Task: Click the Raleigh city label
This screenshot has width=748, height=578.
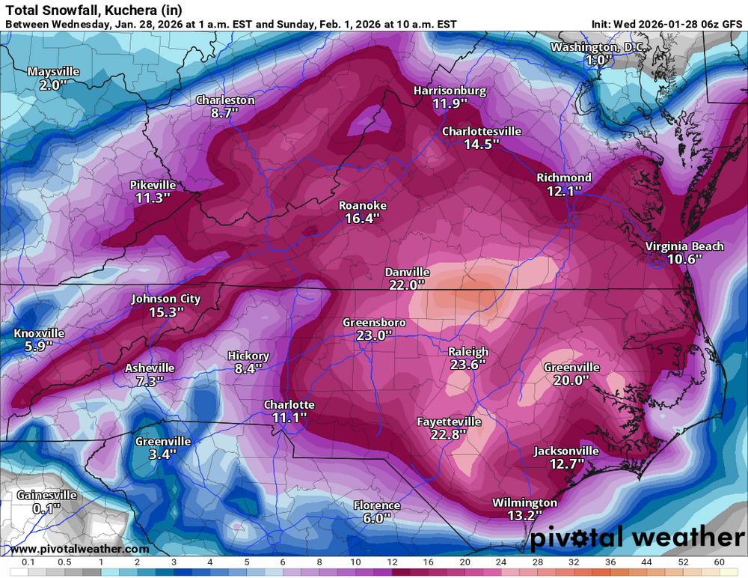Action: tap(468, 352)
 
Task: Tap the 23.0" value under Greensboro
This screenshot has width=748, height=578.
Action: tap(374, 336)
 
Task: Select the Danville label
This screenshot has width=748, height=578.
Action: tap(407, 272)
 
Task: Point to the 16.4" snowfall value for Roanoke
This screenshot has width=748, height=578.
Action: tap(362, 219)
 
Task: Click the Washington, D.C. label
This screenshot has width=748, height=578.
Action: tap(596, 48)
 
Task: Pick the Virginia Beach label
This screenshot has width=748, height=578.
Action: tap(684, 246)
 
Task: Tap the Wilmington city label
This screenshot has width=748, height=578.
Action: tap(524, 502)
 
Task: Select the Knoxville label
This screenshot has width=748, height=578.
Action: tap(39, 333)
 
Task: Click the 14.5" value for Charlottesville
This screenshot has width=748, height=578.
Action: tap(481, 144)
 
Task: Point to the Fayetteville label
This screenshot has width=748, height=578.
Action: tap(449, 422)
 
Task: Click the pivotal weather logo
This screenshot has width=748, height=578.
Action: tap(637, 537)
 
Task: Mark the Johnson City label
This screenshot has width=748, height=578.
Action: tap(166, 299)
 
